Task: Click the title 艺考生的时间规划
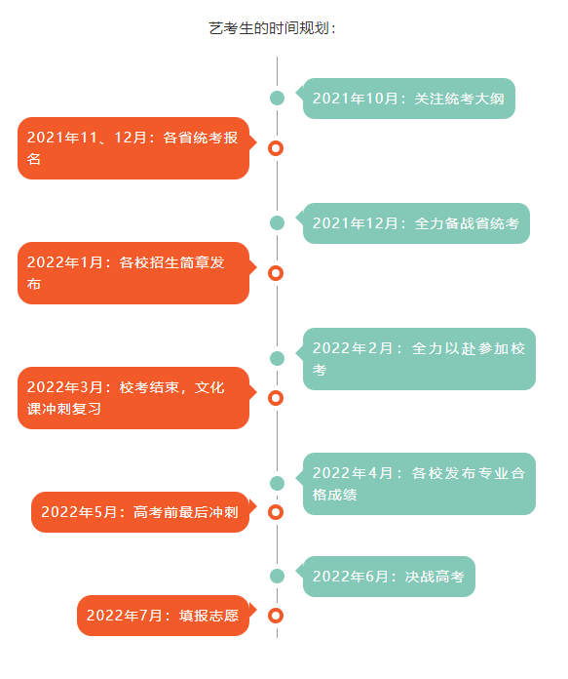[x=271, y=28]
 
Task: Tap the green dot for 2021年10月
[x=277, y=98]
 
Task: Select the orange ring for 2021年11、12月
[x=276, y=148]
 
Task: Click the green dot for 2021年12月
[x=277, y=223]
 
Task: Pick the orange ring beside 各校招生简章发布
[x=276, y=273]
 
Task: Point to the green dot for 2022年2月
[x=277, y=359]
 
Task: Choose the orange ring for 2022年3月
[x=276, y=398]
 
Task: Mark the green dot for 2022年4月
[x=277, y=483]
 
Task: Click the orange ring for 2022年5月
[x=276, y=512]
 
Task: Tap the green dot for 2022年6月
[x=277, y=576]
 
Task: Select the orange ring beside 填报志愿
[x=276, y=616]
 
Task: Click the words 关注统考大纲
[x=460, y=99]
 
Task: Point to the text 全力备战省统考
[x=467, y=223]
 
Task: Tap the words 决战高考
[x=435, y=577]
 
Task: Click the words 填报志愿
[x=208, y=616]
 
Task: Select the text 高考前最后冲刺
[x=186, y=512]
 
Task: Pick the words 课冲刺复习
[x=64, y=409]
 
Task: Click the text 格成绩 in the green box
[x=335, y=495]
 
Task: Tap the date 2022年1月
[x=65, y=262]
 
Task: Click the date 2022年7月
[x=124, y=616]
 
